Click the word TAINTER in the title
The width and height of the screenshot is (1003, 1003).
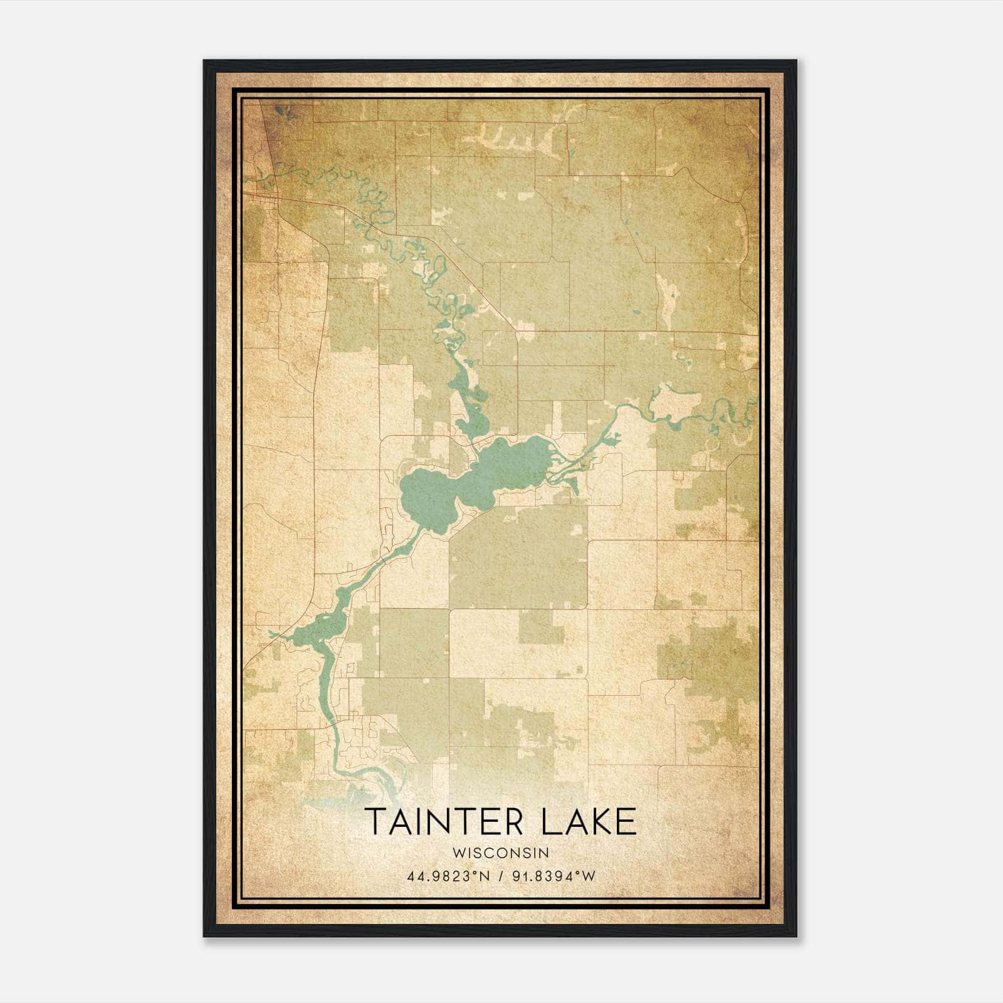(444, 822)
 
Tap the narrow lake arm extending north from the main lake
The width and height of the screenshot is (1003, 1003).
(467, 401)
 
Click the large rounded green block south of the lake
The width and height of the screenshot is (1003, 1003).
(518, 558)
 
